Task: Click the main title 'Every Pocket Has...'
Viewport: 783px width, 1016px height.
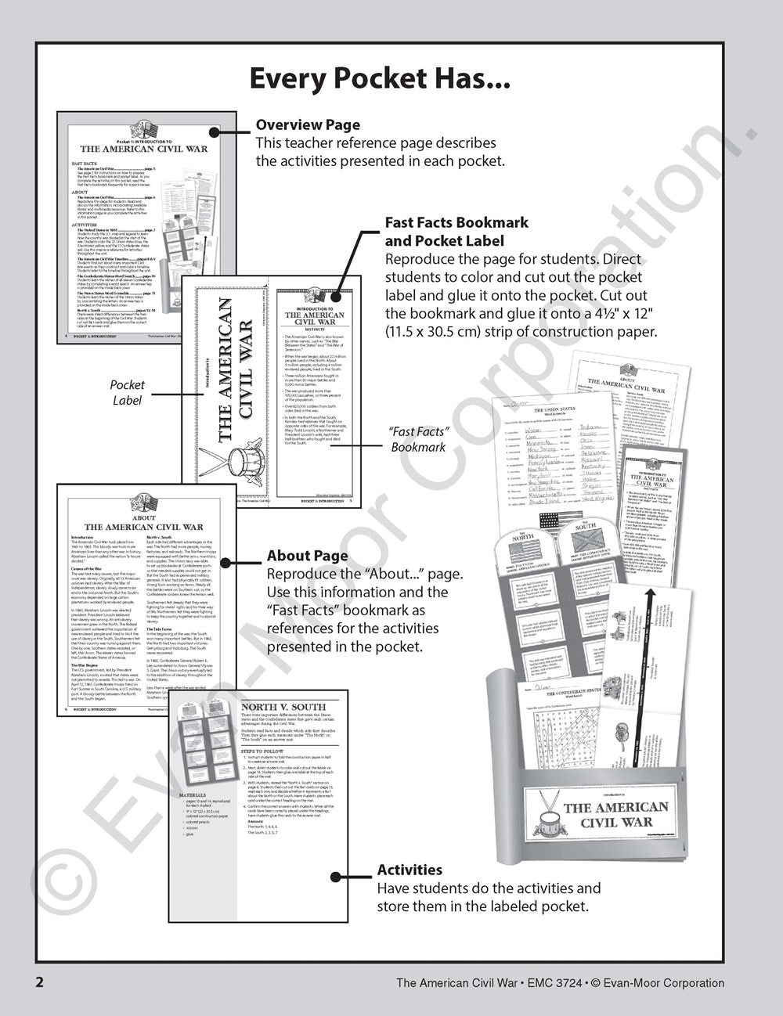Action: [379, 78]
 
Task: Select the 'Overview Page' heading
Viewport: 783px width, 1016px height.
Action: [308, 124]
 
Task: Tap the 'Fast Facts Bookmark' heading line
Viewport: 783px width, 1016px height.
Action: [456, 222]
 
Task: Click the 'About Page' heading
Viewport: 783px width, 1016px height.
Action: [307, 556]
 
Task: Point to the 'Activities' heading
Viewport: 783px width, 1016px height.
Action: [410, 870]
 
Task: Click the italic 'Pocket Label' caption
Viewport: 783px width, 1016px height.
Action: [127, 392]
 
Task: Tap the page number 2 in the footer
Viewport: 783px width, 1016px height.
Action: [38, 982]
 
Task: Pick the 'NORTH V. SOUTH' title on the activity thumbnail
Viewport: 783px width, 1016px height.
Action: [283, 707]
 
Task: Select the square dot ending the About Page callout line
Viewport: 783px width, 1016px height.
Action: [225, 562]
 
